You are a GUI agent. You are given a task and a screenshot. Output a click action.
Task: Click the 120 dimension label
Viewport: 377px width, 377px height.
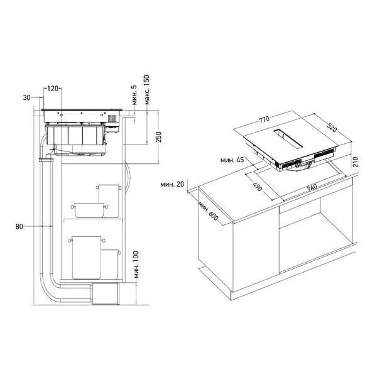52,89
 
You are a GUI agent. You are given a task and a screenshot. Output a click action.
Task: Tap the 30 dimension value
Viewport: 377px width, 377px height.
26,97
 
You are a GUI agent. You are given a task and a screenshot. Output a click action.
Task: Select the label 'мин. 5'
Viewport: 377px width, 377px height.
134,95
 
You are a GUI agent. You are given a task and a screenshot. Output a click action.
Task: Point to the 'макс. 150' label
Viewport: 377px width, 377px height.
147,90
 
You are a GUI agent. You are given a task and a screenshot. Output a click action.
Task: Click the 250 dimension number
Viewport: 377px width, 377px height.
159,137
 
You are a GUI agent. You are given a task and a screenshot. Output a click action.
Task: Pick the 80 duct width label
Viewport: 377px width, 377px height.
19,226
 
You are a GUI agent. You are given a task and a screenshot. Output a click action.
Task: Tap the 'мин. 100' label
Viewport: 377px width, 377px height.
136,265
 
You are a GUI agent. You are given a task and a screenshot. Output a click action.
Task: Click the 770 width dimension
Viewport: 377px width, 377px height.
264,119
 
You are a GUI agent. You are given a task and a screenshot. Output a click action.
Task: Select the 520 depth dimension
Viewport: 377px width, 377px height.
332,128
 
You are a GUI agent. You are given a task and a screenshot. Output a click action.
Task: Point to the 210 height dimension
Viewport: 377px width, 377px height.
356,162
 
